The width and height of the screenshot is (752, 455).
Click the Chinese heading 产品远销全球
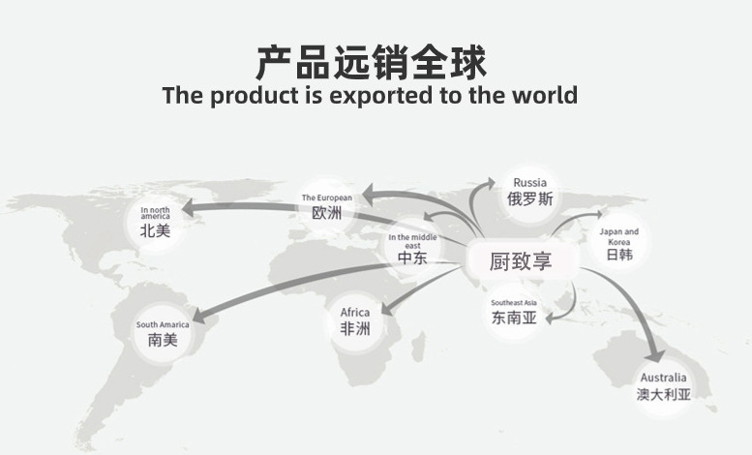point(371,61)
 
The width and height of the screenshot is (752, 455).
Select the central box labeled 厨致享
point(521,259)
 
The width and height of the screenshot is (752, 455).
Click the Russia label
point(529,182)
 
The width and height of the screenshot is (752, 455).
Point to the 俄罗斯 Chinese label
point(529,199)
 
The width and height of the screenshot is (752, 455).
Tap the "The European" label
point(327,197)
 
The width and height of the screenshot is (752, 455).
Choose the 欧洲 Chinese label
point(327,213)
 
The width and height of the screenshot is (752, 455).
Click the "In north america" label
point(155,213)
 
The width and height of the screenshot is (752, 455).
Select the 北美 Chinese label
point(155,230)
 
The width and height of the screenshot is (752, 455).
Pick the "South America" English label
point(163,324)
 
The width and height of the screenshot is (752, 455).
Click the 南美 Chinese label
point(163,341)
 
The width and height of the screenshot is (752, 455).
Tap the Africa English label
point(355,313)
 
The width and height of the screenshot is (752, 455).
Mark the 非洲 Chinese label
point(355,329)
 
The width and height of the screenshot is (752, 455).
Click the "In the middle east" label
point(412,241)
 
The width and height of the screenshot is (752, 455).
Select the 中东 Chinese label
point(412,258)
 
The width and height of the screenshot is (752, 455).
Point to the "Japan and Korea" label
point(618,236)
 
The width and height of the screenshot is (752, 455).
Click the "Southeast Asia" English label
point(513,302)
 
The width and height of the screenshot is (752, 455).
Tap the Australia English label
point(663,377)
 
